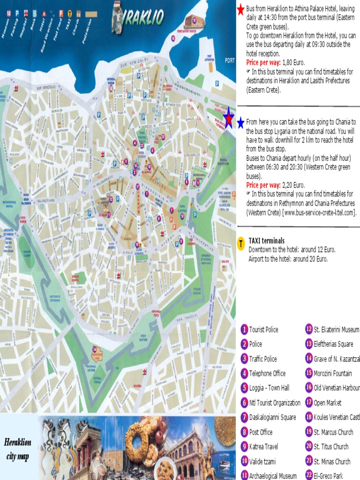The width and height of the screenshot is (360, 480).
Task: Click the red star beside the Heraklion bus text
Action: coord(240,9)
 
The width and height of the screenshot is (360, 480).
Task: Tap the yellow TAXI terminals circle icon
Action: coord(241,243)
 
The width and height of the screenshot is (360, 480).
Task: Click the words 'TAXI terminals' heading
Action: coord(266,240)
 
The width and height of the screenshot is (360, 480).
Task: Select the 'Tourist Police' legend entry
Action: coord(263,330)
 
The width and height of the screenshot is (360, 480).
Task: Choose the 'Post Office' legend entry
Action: coord(261,432)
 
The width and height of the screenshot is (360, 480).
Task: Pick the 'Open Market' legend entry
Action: coord(327,403)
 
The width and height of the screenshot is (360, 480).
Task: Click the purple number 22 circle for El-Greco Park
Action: coord(309,474)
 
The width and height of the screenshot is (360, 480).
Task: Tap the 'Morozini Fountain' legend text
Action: coord(332,374)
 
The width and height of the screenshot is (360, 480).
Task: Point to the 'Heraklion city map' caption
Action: coord(18,449)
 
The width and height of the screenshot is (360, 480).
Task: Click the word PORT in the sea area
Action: coord(230,60)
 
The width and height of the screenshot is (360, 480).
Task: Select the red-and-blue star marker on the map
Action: coord(228,118)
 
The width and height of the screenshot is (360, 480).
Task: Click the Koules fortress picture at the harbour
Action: coord(194,21)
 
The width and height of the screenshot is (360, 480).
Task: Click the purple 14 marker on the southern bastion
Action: coord(95,349)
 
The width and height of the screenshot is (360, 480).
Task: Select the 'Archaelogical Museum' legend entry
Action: coord(273,475)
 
